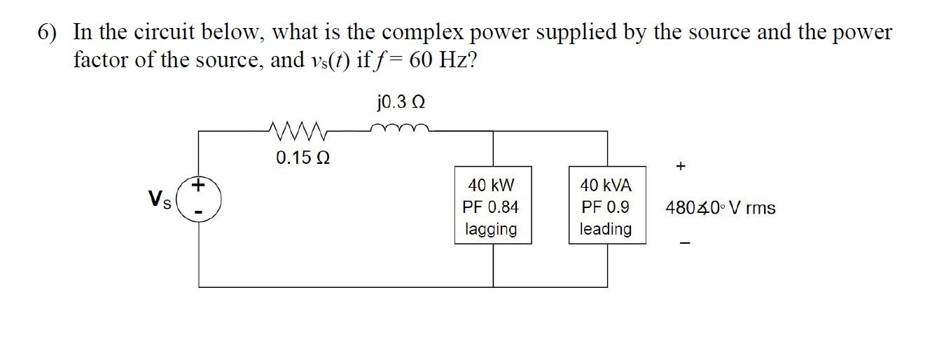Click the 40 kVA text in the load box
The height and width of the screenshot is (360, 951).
click(x=606, y=186)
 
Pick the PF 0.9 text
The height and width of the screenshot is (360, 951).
click(x=606, y=207)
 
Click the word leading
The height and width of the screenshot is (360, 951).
click(x=606, y=229)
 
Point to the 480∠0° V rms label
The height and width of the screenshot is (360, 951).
click(x=720, y=208)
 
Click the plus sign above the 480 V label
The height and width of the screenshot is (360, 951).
click(x=681, y=166)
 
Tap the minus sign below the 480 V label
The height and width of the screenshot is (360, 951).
click(x=686, y=244)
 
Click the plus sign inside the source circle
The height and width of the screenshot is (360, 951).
click(x=199, y=186)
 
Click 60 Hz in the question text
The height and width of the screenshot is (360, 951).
click(x=443, y=60)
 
